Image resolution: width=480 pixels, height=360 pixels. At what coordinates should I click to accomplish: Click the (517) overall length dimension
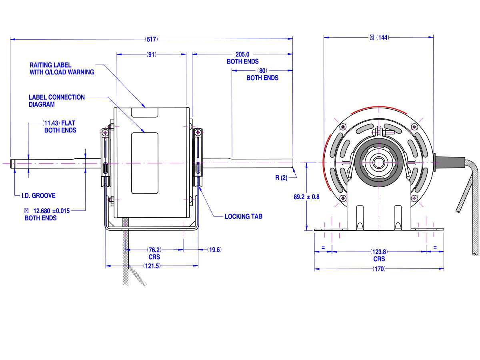[x=152, y=39]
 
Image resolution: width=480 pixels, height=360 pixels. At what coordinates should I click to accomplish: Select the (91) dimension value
[x=152, y=54]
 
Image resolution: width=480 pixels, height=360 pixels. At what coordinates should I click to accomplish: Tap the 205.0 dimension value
[x=242, y=54]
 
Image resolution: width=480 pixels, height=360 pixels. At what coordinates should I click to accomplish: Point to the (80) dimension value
[x=262, y=70]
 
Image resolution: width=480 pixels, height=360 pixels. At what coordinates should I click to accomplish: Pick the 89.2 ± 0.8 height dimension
[x=306, y=197]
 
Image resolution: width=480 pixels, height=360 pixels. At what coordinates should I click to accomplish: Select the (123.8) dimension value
[x=379, y=252]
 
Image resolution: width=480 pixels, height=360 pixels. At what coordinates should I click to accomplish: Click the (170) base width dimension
[x=379, y=269]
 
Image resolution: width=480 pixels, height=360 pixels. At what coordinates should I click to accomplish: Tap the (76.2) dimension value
[x=154, y=250]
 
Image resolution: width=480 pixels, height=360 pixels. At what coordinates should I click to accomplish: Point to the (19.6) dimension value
[x=214, y=250]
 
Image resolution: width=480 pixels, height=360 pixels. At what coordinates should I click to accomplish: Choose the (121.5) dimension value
[x=152, y=266]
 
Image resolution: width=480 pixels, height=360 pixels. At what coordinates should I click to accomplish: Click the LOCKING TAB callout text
[x=243, y=216]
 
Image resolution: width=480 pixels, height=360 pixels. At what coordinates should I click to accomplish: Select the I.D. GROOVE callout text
[x=38, y=196]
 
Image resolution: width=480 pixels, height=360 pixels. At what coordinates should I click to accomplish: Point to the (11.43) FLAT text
[x=59, y=123]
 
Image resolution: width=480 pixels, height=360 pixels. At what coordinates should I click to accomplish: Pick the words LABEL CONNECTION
[x=57, y=97]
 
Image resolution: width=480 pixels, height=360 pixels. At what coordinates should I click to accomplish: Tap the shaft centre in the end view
[x=378, y=163]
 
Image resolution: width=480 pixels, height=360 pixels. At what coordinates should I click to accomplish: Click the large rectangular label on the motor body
[x=145, y=163]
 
